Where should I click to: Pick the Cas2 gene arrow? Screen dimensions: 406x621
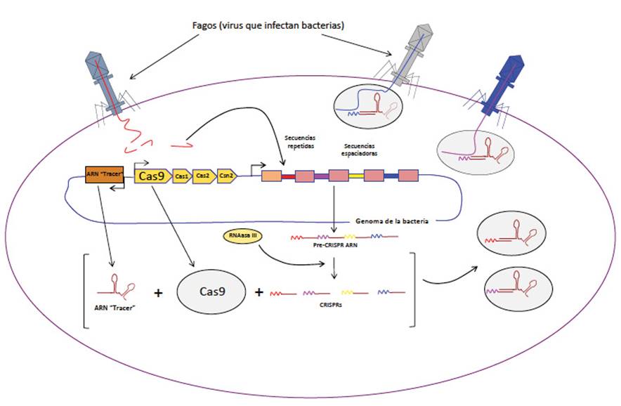click(202, 176)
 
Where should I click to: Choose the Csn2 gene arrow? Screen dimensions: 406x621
click(225, 176)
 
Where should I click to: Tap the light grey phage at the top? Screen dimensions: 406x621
click(416, 49)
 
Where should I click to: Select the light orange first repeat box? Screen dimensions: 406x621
click(271, 176)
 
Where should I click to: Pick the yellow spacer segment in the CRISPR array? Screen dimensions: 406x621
click(357, 176)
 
